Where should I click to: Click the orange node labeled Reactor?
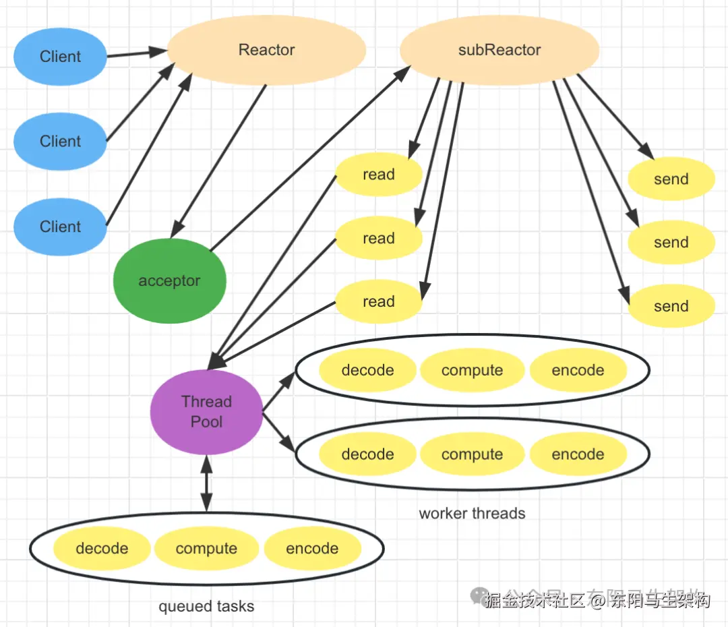coord(266,51)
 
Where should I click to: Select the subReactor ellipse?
coord(499,51)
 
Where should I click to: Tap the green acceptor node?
coord(169,281)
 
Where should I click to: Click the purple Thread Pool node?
coord(206,412)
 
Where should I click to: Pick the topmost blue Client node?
coord(61,57)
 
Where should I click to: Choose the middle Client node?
coord(61,142)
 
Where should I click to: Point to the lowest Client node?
coord(61,227)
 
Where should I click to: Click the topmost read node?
coord(378,175)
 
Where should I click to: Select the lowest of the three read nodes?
coord(378,302)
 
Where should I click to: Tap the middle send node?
coord(671,243)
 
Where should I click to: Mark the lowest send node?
coord(671,306)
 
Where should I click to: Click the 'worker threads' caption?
coord(472,514)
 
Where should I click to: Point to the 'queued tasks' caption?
coord(206,607)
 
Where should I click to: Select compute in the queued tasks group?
coord(206,549)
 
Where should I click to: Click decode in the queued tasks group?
coord(102,549)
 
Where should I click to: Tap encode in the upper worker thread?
coord(578,370)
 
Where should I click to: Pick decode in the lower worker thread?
coord(367,454)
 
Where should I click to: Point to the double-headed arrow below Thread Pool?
coord(206,483)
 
